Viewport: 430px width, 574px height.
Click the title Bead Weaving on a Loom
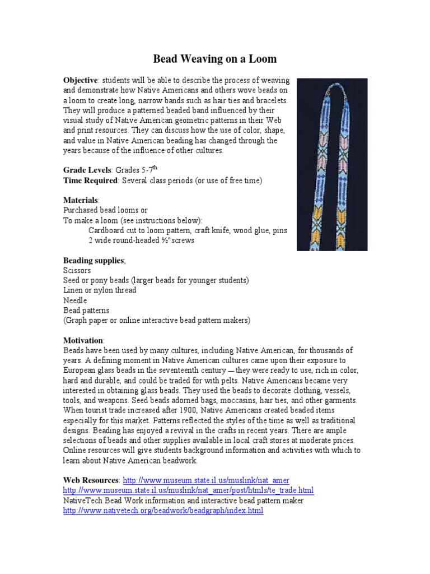(215, 59)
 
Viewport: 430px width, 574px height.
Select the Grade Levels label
(87, 169)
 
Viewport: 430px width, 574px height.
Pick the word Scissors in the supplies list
(77, 270)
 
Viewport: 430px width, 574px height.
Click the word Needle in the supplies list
(75, 300)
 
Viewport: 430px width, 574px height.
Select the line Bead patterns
(86, 311)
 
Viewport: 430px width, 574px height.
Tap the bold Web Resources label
(91, 481)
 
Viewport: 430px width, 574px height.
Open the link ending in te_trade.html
(188, 490)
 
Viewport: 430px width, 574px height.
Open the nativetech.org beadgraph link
(163, 511)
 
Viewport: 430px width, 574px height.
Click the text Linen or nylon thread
(100, 290)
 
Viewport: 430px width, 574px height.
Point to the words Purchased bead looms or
(105, 210)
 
